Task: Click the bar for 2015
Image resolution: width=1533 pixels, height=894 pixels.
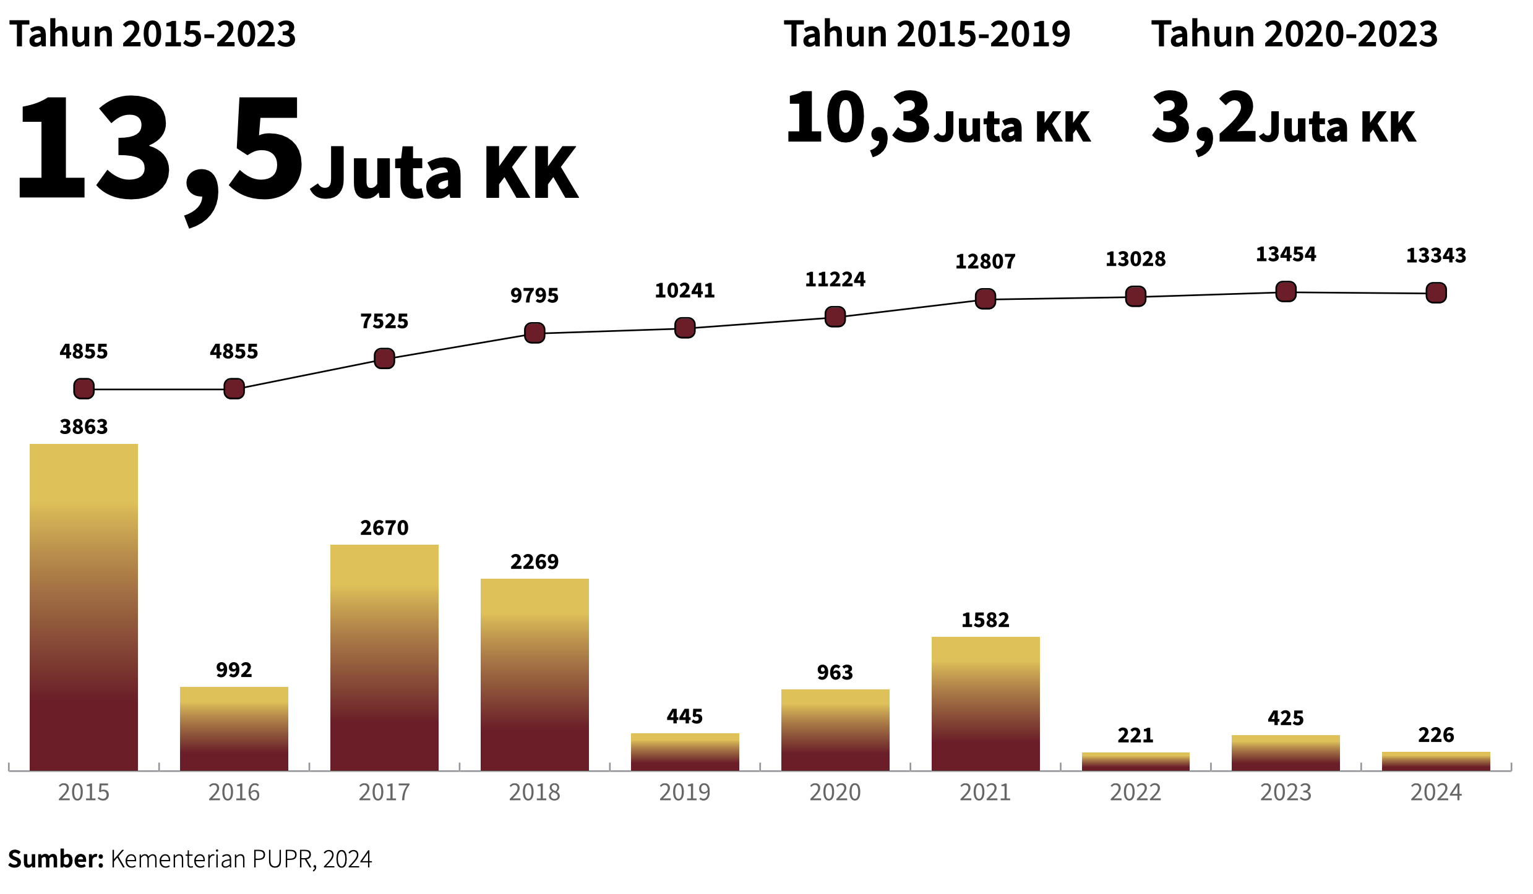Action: tap(84, 606)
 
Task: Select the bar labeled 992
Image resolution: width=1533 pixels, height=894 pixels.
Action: tap(234, 728)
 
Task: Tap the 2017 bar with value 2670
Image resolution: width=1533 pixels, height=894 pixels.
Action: tap(384, 657)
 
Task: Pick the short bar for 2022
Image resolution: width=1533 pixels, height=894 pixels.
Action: tap(1135, 761)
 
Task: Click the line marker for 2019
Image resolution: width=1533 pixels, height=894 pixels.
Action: tap(685, 328)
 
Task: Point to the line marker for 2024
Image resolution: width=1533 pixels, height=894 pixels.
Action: tap(1436, 292)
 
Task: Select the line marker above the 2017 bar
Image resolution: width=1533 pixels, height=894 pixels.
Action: tap(384, 359)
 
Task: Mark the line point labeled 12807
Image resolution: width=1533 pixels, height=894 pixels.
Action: tap(985, 299)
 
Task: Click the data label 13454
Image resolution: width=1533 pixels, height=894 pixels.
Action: tap(1286, 254)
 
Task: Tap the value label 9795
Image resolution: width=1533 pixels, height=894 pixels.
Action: tap(535, 296)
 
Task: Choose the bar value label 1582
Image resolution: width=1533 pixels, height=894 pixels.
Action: tap(985, 620)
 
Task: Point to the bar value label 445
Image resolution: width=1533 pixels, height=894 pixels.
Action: tap(685, 717)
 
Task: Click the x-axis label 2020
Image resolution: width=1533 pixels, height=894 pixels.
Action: tap(835, 793)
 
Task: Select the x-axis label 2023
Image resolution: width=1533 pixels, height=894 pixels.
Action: tap(1286, 793)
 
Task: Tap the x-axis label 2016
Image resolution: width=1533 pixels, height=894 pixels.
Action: tap(234, 793)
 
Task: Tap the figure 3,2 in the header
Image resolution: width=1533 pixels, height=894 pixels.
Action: tap(1203, 119)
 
